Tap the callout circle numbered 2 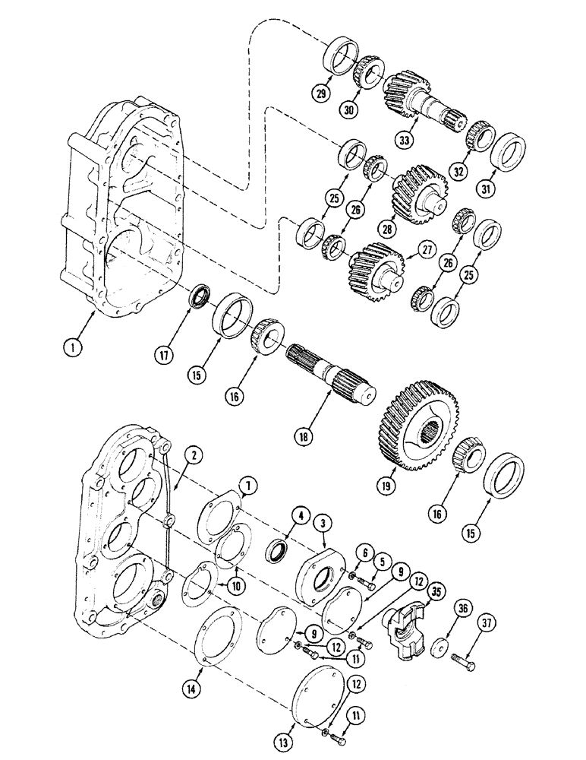[x=195, y=457]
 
